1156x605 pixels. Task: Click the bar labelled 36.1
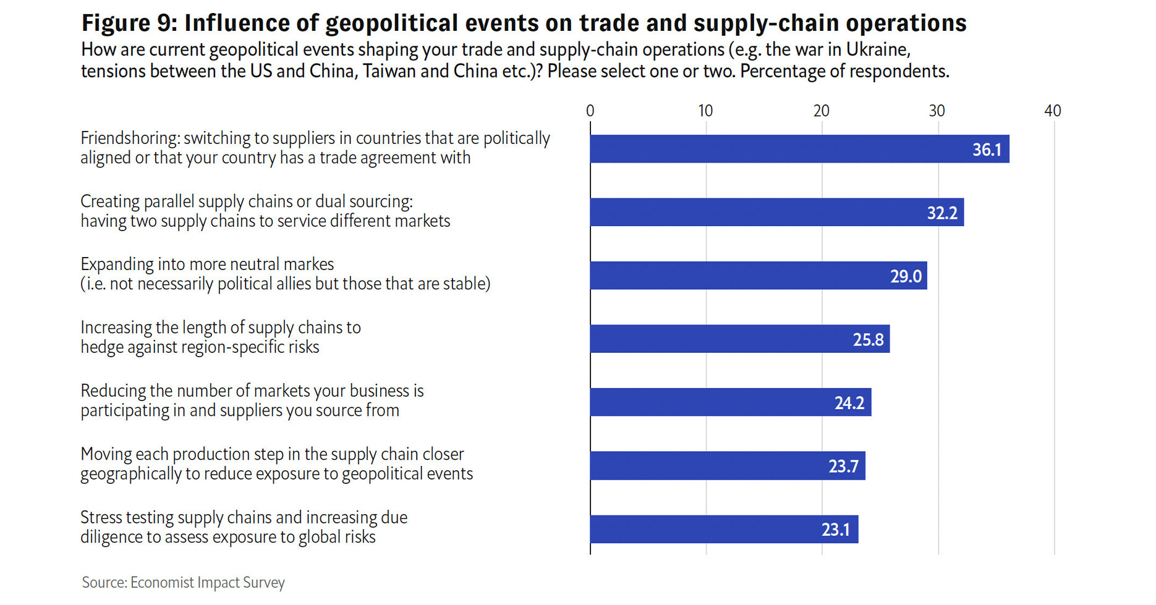click(799, 149)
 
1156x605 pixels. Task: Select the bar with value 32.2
click(776, 212)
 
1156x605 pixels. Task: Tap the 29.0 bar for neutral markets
click(758, 276)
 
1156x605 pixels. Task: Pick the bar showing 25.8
click(739, 339)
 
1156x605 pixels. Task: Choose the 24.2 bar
click(730, 402)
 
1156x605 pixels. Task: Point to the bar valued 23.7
click(727, 465)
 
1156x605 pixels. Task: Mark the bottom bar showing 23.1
click(724, 529)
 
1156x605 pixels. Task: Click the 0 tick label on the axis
click(590, 111)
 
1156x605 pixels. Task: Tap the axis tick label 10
click(705, 111)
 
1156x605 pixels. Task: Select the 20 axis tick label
click(821, 111)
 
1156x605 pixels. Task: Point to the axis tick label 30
click(937, 111)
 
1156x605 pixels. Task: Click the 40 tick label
click(1052, 111)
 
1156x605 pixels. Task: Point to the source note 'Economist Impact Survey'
click(207, 582)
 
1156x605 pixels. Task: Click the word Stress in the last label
click(101, 517)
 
